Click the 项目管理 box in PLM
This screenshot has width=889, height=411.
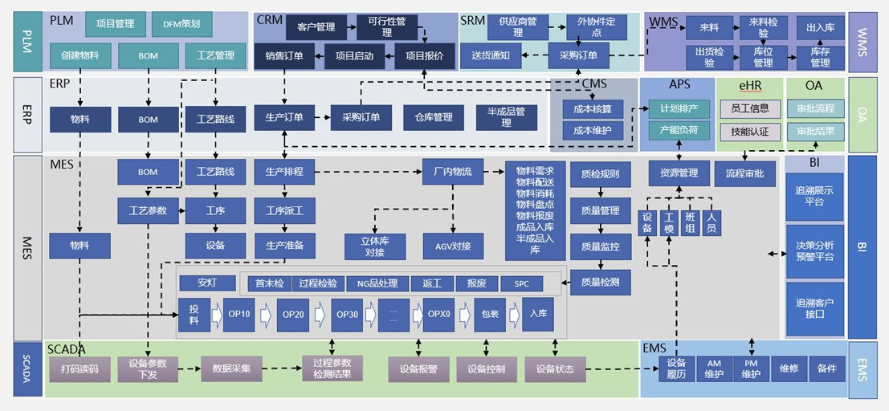point(115,24)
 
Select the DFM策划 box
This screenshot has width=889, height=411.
point(181,24)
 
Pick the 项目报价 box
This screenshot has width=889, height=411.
point(425,55)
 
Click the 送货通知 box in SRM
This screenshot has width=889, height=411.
point(491,56)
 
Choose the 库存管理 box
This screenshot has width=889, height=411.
point(820,57)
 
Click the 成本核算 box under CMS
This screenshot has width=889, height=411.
point(586,108)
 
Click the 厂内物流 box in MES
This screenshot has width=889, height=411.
point(453,172)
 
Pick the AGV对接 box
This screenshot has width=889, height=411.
point(453,246)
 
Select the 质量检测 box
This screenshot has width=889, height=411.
point(600,281)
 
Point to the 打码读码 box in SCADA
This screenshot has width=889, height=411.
point(79,369)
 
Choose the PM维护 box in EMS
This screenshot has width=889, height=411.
point(751,369)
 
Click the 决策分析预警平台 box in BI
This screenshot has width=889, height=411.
point(815,250)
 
